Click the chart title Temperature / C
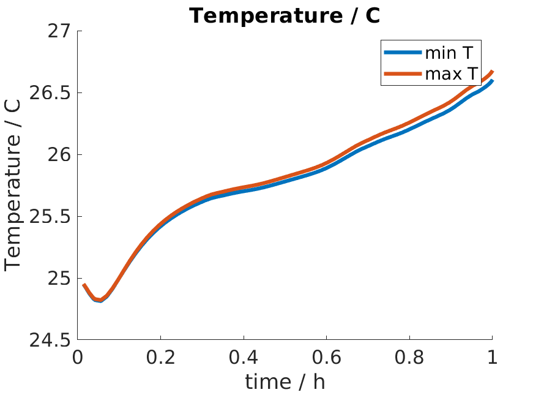tap(285, 15)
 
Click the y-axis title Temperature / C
tap(13, 185)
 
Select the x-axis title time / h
tap(285, 382)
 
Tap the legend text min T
tap(450, 53)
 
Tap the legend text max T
tap(451, 74)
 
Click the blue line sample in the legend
tap(403, 53)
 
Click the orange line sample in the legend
tap(403, 74)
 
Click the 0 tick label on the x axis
tap(78, 357)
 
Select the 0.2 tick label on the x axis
tap(160, 357)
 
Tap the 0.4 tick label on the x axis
tap(244, 357)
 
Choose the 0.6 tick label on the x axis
tap(326, 357)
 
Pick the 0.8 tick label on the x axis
tap(409, 357)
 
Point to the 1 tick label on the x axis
tap(492, 357)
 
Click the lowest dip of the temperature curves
tap(100, 300)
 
